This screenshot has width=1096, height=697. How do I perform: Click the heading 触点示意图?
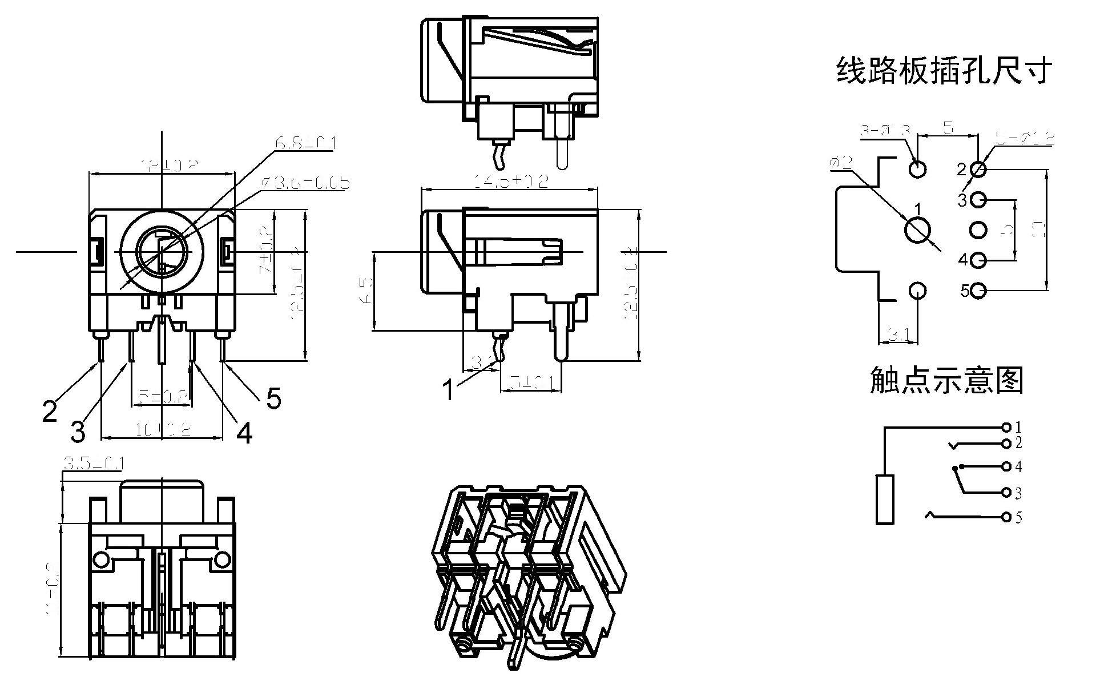[946, 380]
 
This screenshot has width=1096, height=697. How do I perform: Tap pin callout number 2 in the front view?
[50, 411]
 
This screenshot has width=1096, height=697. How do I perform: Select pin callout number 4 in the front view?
[244, 433]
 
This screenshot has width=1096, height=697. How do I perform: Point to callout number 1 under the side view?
[449, 390]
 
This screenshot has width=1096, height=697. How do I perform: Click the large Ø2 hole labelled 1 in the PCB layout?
[918, 231]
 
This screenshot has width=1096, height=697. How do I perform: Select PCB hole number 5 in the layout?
[978, 291]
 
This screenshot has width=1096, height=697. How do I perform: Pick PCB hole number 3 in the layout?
[978, 200]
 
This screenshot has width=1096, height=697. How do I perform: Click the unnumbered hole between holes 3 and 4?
[978, 230]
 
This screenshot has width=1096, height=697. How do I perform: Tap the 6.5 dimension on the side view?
[367, 291]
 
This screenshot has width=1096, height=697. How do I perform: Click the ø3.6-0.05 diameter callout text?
[305, 183]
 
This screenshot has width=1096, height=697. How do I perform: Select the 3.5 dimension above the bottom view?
[93, 464]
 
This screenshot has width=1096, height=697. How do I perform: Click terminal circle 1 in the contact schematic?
[1006, 427]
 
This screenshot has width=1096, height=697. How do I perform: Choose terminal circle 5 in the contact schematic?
[1006, 517]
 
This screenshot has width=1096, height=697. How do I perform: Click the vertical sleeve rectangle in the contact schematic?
[884, 499]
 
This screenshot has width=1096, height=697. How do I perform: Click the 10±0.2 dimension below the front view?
[162, 430]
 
